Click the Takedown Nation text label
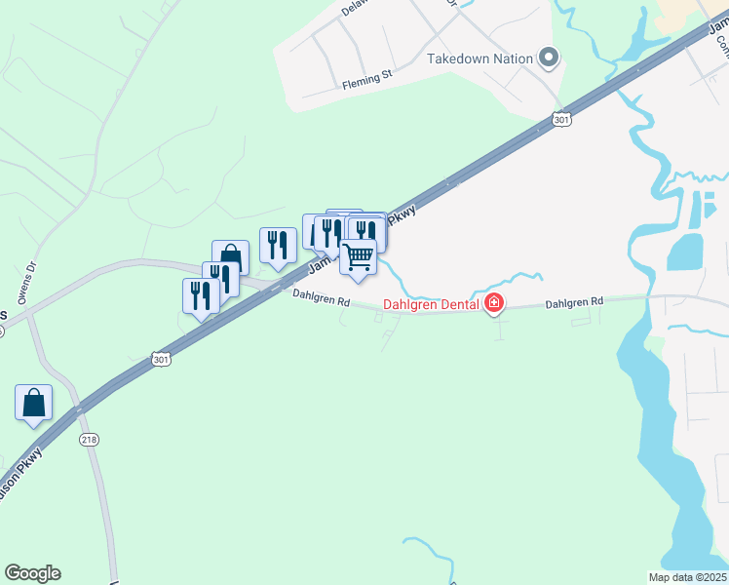[x=480, y=58]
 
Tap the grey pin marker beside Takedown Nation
[x=548, y=58]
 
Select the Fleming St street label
[x=366, y=85]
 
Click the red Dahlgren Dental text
[x=430, y=304]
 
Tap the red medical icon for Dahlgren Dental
[x=494, y=304]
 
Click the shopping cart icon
[x=359, y=257]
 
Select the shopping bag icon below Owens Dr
[x=33, y=403]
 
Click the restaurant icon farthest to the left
[x=201, y=295]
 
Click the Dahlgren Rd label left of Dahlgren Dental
[x=321, y=297]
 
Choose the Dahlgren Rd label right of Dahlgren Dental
[x=574, y=302]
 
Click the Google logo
[x=32, y=573]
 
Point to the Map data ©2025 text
[x=687, y=577]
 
